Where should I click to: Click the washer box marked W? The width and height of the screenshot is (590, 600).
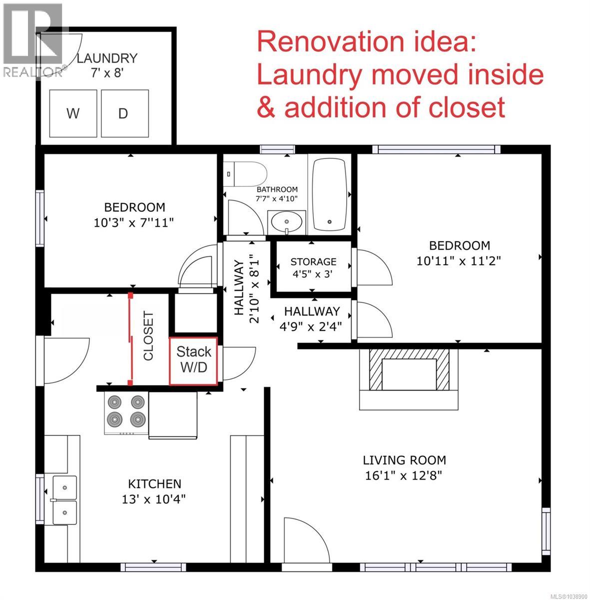[x=73, y=113]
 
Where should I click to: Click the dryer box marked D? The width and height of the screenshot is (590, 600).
[x=125, y=113]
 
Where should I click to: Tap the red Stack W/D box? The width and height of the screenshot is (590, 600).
[x=193, y=361]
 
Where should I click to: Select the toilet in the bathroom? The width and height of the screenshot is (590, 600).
[x=245, y=174]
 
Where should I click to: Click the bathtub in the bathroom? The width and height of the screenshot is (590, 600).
[x=330, y=194]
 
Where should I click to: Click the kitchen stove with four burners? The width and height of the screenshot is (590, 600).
[x=126, y=413]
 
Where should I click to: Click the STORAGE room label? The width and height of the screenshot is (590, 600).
[x=313, y=261]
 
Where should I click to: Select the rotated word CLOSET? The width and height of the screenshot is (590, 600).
[x=148, y=335]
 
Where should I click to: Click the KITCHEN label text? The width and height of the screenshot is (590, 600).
[x=155, y=484]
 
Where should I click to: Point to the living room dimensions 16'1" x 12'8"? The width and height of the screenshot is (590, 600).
[x=404, y=475]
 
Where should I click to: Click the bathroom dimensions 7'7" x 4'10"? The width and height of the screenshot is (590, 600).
[x=277, y=198]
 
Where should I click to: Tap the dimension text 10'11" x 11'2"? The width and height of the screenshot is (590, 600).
[x=459, y=260]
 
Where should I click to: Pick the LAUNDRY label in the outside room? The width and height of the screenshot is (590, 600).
[x=107, y=58]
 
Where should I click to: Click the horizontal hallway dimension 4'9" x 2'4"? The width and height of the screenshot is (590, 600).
[x=311, y=326]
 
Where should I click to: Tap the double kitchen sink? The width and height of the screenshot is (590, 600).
[x=64, y=499]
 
